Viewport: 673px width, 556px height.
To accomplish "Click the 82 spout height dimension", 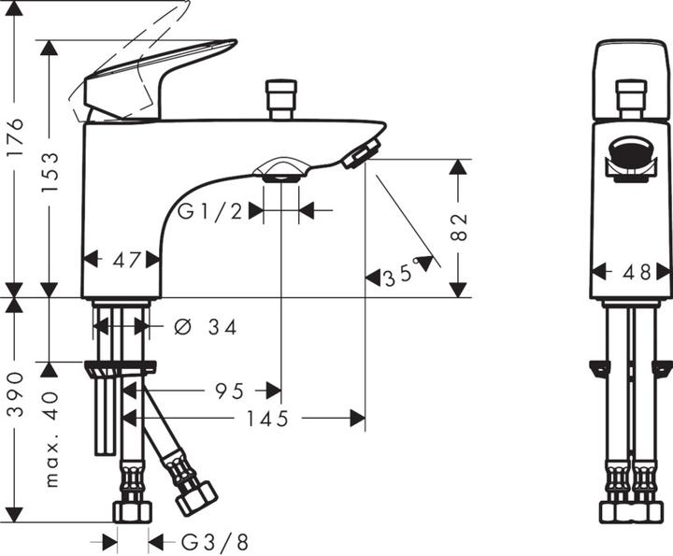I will (459, 228).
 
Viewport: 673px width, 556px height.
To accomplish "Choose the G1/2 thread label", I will (211, 211).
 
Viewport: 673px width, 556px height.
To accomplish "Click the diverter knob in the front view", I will (631, 97).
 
